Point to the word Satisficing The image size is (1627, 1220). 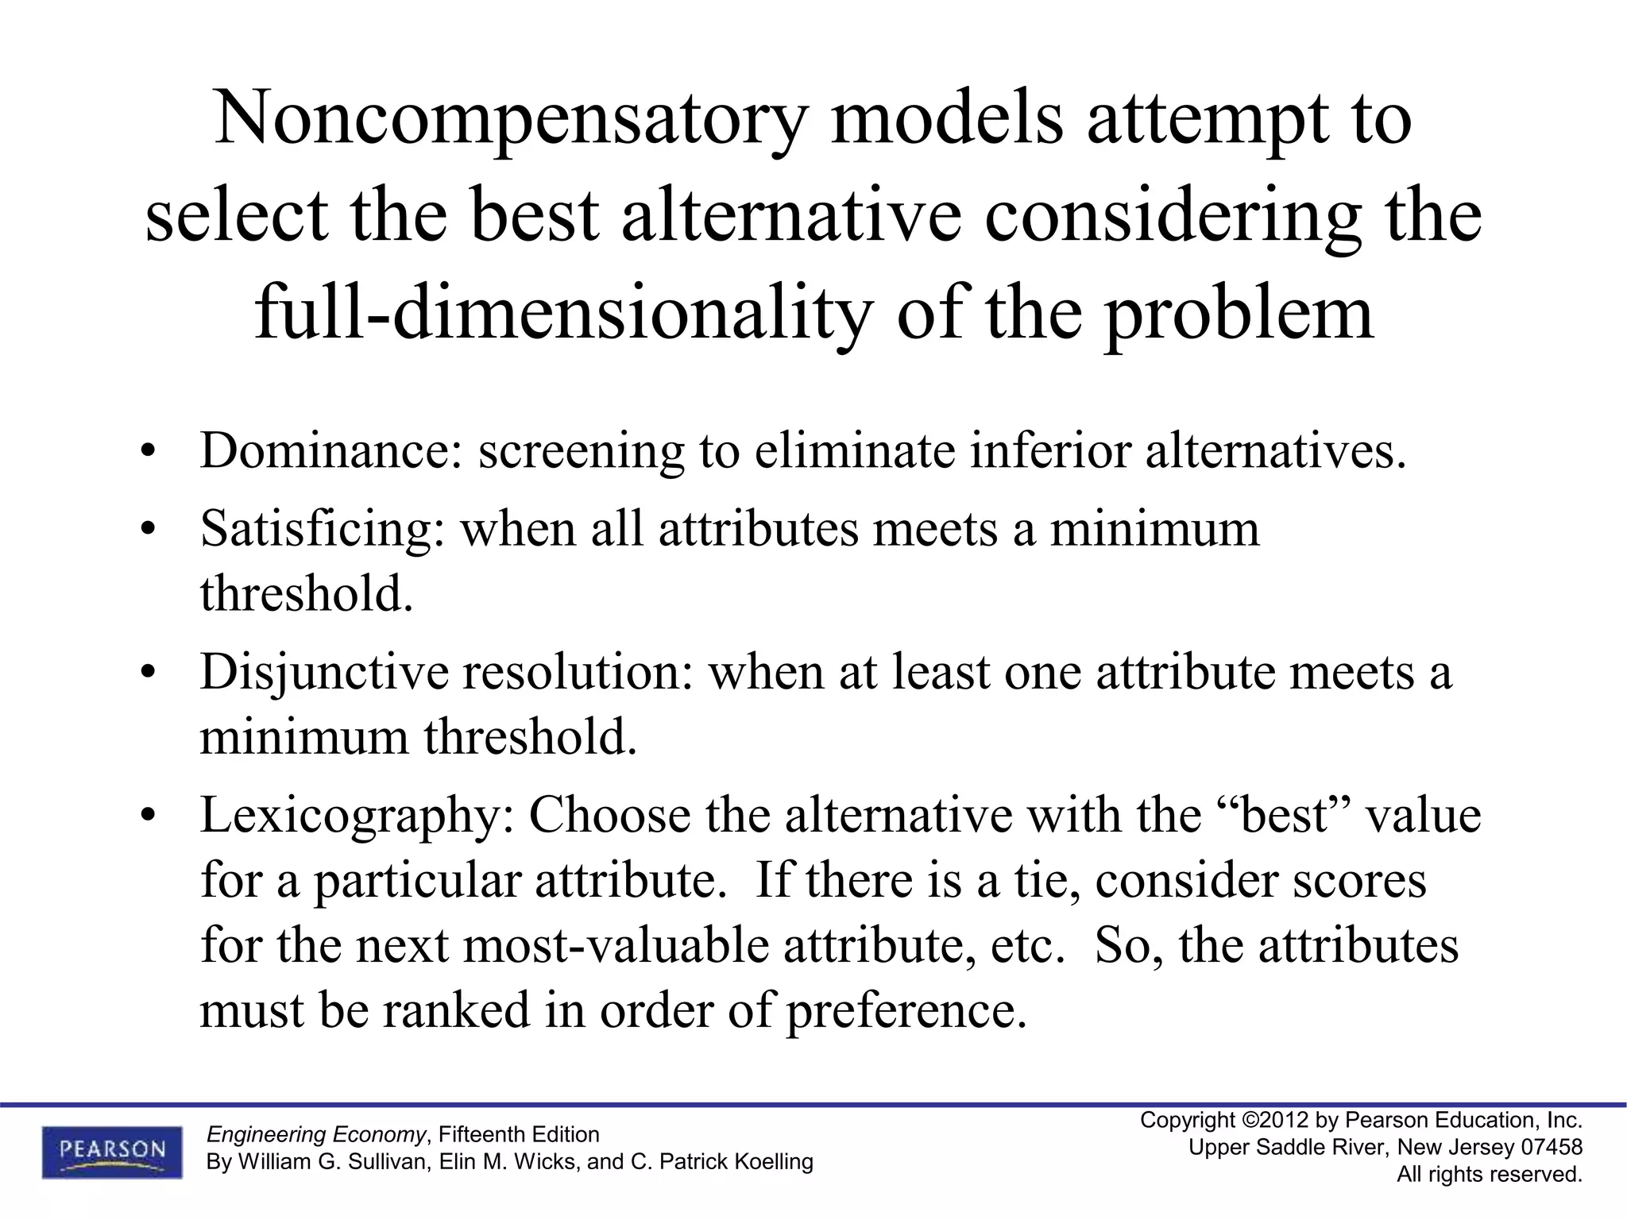(323, 529)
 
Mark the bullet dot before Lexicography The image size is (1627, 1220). (147, 818)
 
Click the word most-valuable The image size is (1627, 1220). (616, 945)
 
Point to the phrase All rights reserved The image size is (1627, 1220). (1490, 1174)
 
